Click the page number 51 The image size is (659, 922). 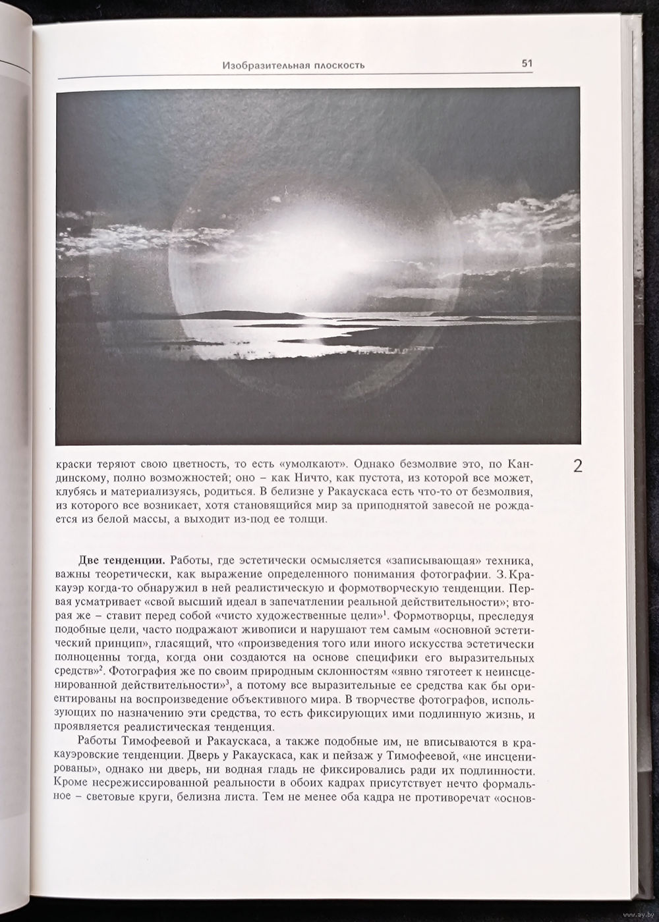tap(527, 64)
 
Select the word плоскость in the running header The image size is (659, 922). tap(335, 65)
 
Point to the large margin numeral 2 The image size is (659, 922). tap(577, 467)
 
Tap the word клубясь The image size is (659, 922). tap(77, 490)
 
